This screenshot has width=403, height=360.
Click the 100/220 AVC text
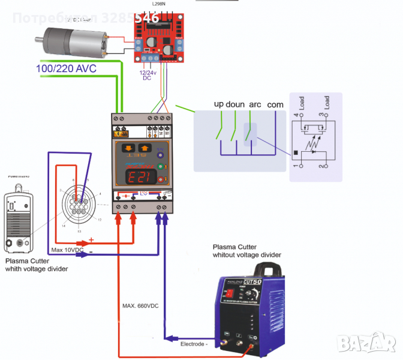point(66,68)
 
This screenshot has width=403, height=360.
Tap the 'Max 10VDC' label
point(66,249)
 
